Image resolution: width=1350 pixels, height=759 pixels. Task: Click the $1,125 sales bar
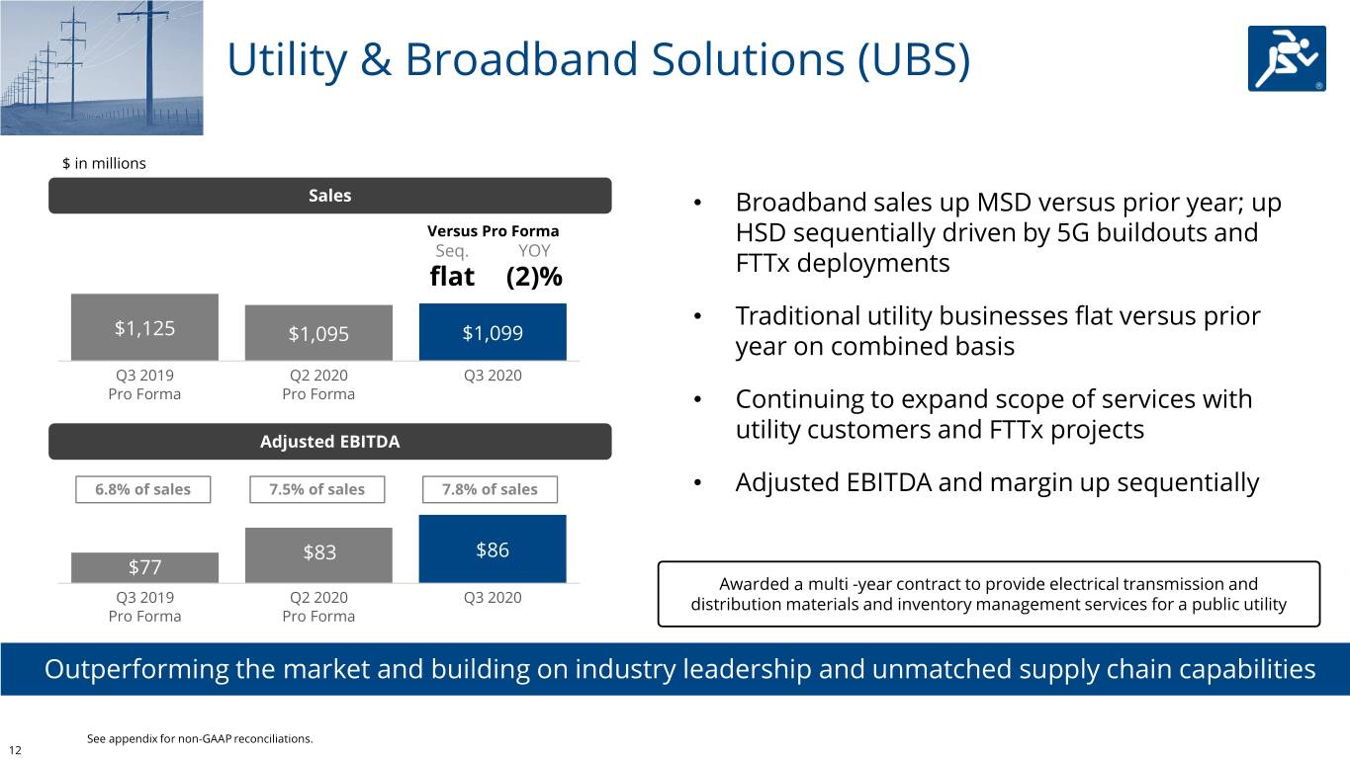[144, 327]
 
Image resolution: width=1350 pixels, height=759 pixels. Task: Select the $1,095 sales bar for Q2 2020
[318, 332]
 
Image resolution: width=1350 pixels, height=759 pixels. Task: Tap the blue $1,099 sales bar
[493, 332]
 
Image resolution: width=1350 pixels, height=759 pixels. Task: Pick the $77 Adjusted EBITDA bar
[144, 567]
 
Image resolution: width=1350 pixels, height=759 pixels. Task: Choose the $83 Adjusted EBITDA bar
[318, 554]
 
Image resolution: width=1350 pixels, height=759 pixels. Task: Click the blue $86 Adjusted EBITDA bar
[493, 548]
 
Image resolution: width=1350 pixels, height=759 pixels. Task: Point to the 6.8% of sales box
[142, 489]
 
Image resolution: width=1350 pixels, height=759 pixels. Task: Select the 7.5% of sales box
[317, 489]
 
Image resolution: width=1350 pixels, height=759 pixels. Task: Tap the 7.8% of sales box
[490, 489]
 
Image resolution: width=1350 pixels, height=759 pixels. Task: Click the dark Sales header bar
[329, 195]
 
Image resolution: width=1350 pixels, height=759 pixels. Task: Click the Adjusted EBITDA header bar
[329, 442]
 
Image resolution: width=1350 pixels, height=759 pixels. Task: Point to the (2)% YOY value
[534, 277]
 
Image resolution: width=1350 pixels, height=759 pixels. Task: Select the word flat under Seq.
[452, 277]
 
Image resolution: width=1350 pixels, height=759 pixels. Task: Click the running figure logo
[1287, 58]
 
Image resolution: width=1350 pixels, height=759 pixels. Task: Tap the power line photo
[101, 67]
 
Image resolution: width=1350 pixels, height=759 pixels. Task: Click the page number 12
[15, 750]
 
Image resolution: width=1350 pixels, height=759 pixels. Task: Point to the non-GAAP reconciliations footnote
[200, 738]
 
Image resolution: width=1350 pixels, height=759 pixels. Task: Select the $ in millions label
[104, 163]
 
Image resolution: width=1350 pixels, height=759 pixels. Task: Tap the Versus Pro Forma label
[493, 231]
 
